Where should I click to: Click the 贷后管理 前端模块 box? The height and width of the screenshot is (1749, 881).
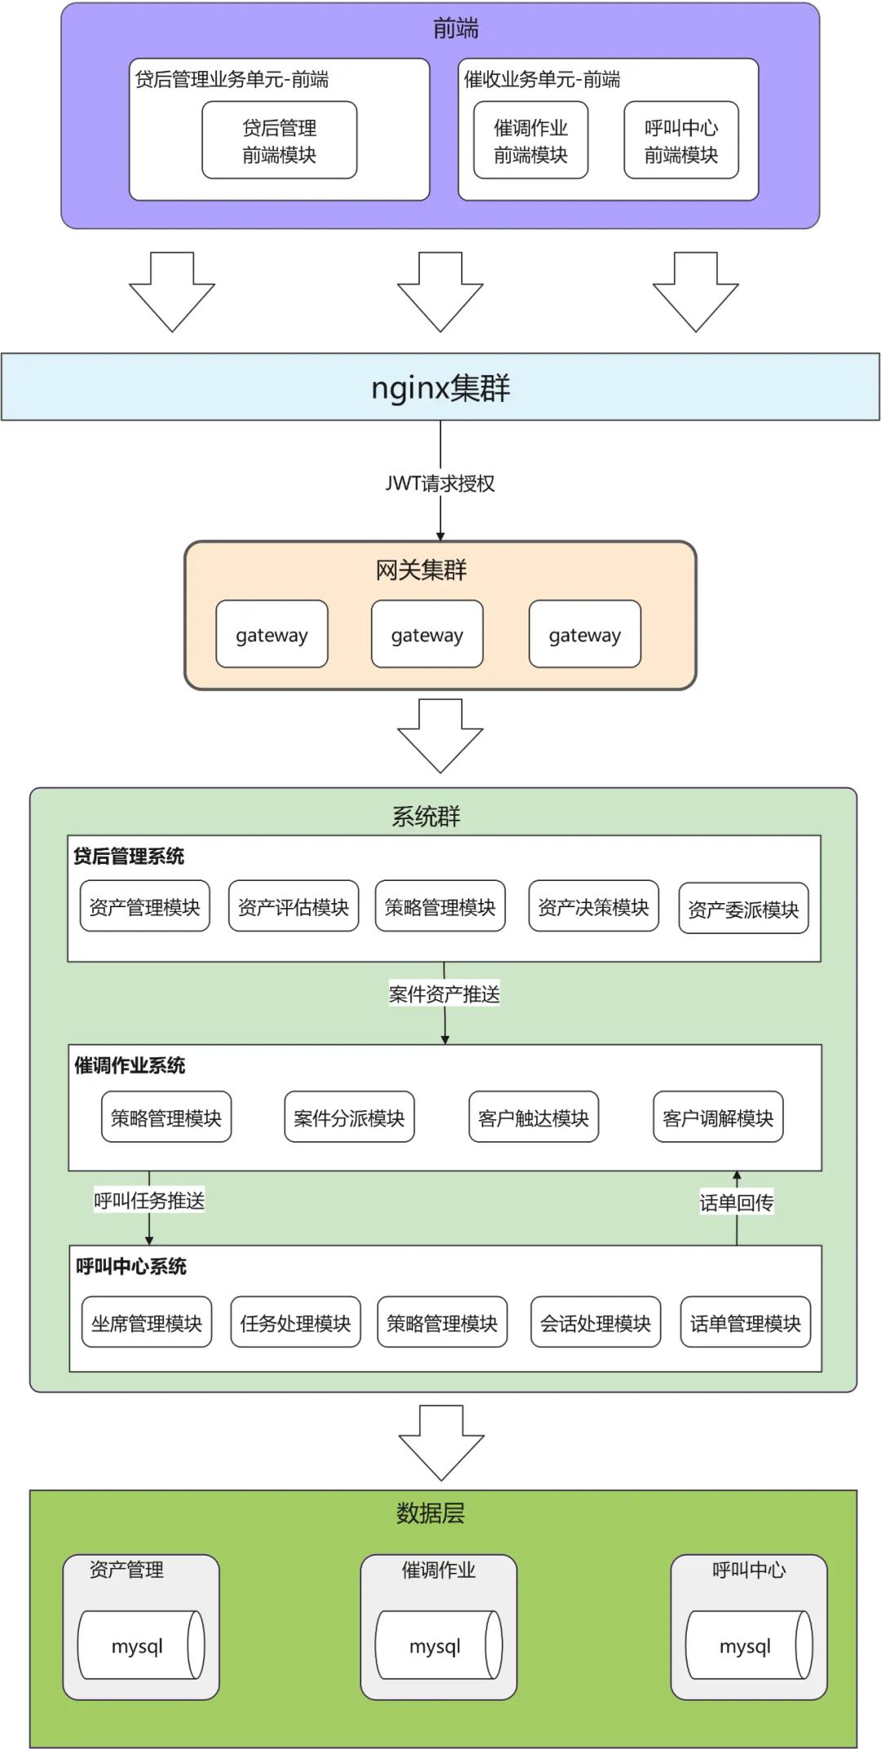point(279,140)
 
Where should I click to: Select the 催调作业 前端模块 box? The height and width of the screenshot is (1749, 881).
point(530,140)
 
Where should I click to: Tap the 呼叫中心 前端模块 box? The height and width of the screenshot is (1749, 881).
point(681,140)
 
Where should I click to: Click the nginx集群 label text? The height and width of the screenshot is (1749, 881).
point(440,387)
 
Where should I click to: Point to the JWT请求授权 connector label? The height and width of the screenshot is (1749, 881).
point(440,484)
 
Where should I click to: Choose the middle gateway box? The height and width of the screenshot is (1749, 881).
point(427,635)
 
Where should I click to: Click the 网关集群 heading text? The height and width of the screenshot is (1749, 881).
point(421,570)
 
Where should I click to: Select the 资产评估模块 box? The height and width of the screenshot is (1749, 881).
point(293,906)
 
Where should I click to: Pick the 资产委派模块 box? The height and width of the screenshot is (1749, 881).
point(743,909)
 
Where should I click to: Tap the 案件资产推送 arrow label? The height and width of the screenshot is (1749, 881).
point(444,994)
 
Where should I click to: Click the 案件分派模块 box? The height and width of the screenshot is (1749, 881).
point(349,1118)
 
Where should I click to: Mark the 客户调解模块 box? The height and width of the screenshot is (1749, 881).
point(718,1118)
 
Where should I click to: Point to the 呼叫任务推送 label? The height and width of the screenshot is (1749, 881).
point(149,1200)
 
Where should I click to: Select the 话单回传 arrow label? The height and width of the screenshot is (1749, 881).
point(737,1202)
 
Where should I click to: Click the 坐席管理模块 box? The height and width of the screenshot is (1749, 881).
point(147,1322)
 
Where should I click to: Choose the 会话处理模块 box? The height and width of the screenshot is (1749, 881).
point(595,1322)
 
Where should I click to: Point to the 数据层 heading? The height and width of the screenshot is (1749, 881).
point(430,1513)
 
